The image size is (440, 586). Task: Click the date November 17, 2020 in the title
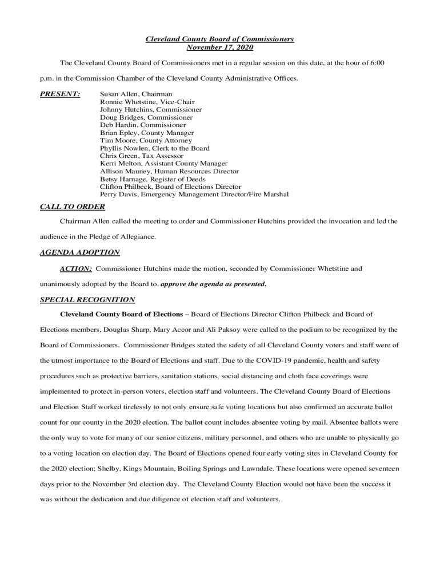click(219, 47)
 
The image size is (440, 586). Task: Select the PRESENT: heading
click(60, 94)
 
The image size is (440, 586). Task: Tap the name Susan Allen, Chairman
click(136, 94)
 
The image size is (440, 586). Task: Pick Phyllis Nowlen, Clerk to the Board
click(154, 148)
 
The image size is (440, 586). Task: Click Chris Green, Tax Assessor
click(142, 156)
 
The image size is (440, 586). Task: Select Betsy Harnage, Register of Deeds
click(153, 179)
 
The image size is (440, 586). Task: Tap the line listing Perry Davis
click(194, 195)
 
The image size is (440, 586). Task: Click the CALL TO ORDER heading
click(73, 207)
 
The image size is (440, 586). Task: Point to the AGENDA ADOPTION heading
click(79, 252)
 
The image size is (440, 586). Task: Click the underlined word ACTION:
click(76, 268)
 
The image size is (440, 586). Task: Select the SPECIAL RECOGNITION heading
click(87, 300)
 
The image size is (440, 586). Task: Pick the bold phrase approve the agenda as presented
click(214, 284)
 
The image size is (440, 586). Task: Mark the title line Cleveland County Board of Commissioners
click(219, 39)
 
